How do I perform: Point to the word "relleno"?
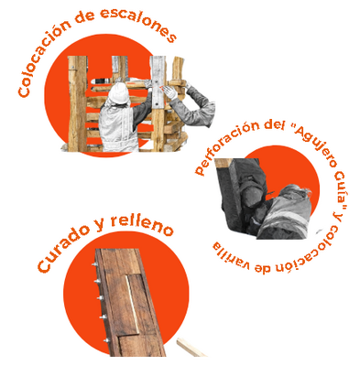point(141,224)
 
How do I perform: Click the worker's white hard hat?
point(118,92)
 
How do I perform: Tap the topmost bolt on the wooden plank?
point(95,264)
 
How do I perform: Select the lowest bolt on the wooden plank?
point(106,339)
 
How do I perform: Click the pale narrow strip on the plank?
point(132,305)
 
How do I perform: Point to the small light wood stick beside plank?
point(191,348)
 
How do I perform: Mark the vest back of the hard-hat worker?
point(117,127)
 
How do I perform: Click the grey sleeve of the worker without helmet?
point(194,108)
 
